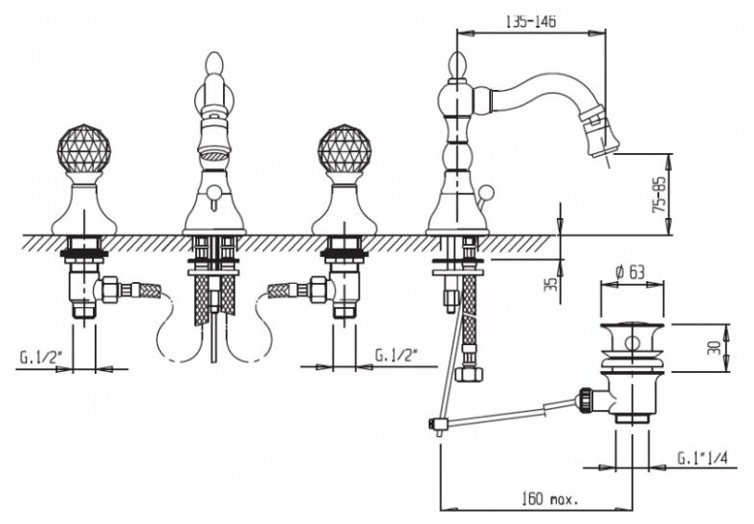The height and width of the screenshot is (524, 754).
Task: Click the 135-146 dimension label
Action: click(533, 20)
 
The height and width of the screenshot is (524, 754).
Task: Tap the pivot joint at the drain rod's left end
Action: click(435, 426)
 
